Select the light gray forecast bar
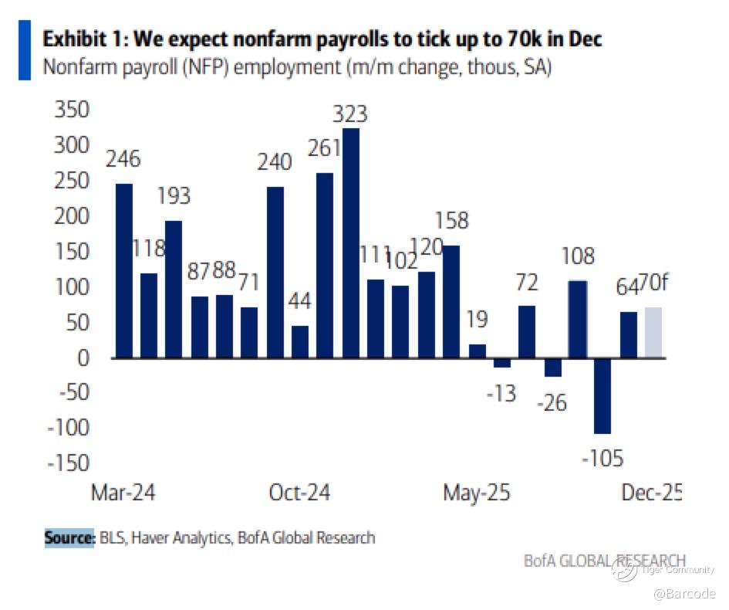click(653, 333)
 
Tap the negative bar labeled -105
click(602, 395)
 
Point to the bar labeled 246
click(123, 270)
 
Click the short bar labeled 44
click(300, 342)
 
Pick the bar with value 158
click(451, 301)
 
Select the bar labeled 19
click(478, 351)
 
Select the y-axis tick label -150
click(67, 463)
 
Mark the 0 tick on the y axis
click(83, 358)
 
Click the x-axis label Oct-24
click(300, 493)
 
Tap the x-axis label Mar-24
click(123, 493)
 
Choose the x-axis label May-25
click(476, 493)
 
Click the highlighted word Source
click(69, 537)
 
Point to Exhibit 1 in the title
click(86, 39)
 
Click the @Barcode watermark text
click(684, 593)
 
